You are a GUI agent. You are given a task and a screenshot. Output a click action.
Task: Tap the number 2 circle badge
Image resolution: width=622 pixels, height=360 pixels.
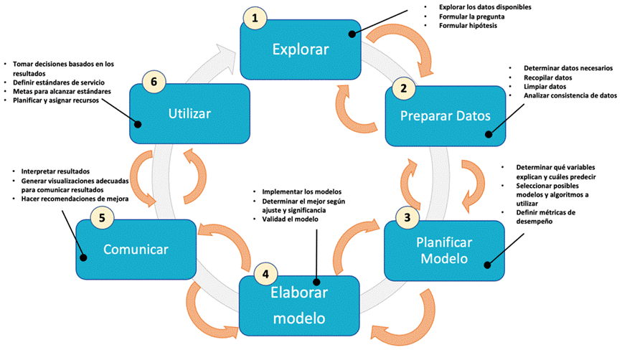pyautogui.click(x=404, y=88)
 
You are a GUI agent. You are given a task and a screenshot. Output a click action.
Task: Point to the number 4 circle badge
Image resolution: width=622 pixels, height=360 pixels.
pyautogui.click(x=265, y=273)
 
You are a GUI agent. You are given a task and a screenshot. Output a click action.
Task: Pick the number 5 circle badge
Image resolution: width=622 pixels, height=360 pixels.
pyautogui.click(x=103, y=218)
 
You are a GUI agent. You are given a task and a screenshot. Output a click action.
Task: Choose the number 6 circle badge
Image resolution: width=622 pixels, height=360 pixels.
pyautogui.click(x=151, y=80)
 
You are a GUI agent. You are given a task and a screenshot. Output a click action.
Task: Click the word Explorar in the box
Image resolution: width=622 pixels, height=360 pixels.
pyautogui.click(x=299, y=49)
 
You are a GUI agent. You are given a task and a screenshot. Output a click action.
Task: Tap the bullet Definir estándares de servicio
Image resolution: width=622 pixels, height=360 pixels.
pyautogui.click(x=64, y=82)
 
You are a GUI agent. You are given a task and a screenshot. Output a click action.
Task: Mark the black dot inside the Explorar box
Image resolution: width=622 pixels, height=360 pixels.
pyautogui.click(x=352, y=33)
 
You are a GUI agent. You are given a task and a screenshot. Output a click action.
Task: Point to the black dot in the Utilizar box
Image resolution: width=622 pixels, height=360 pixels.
pyautogui.click(x=138, y=123)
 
